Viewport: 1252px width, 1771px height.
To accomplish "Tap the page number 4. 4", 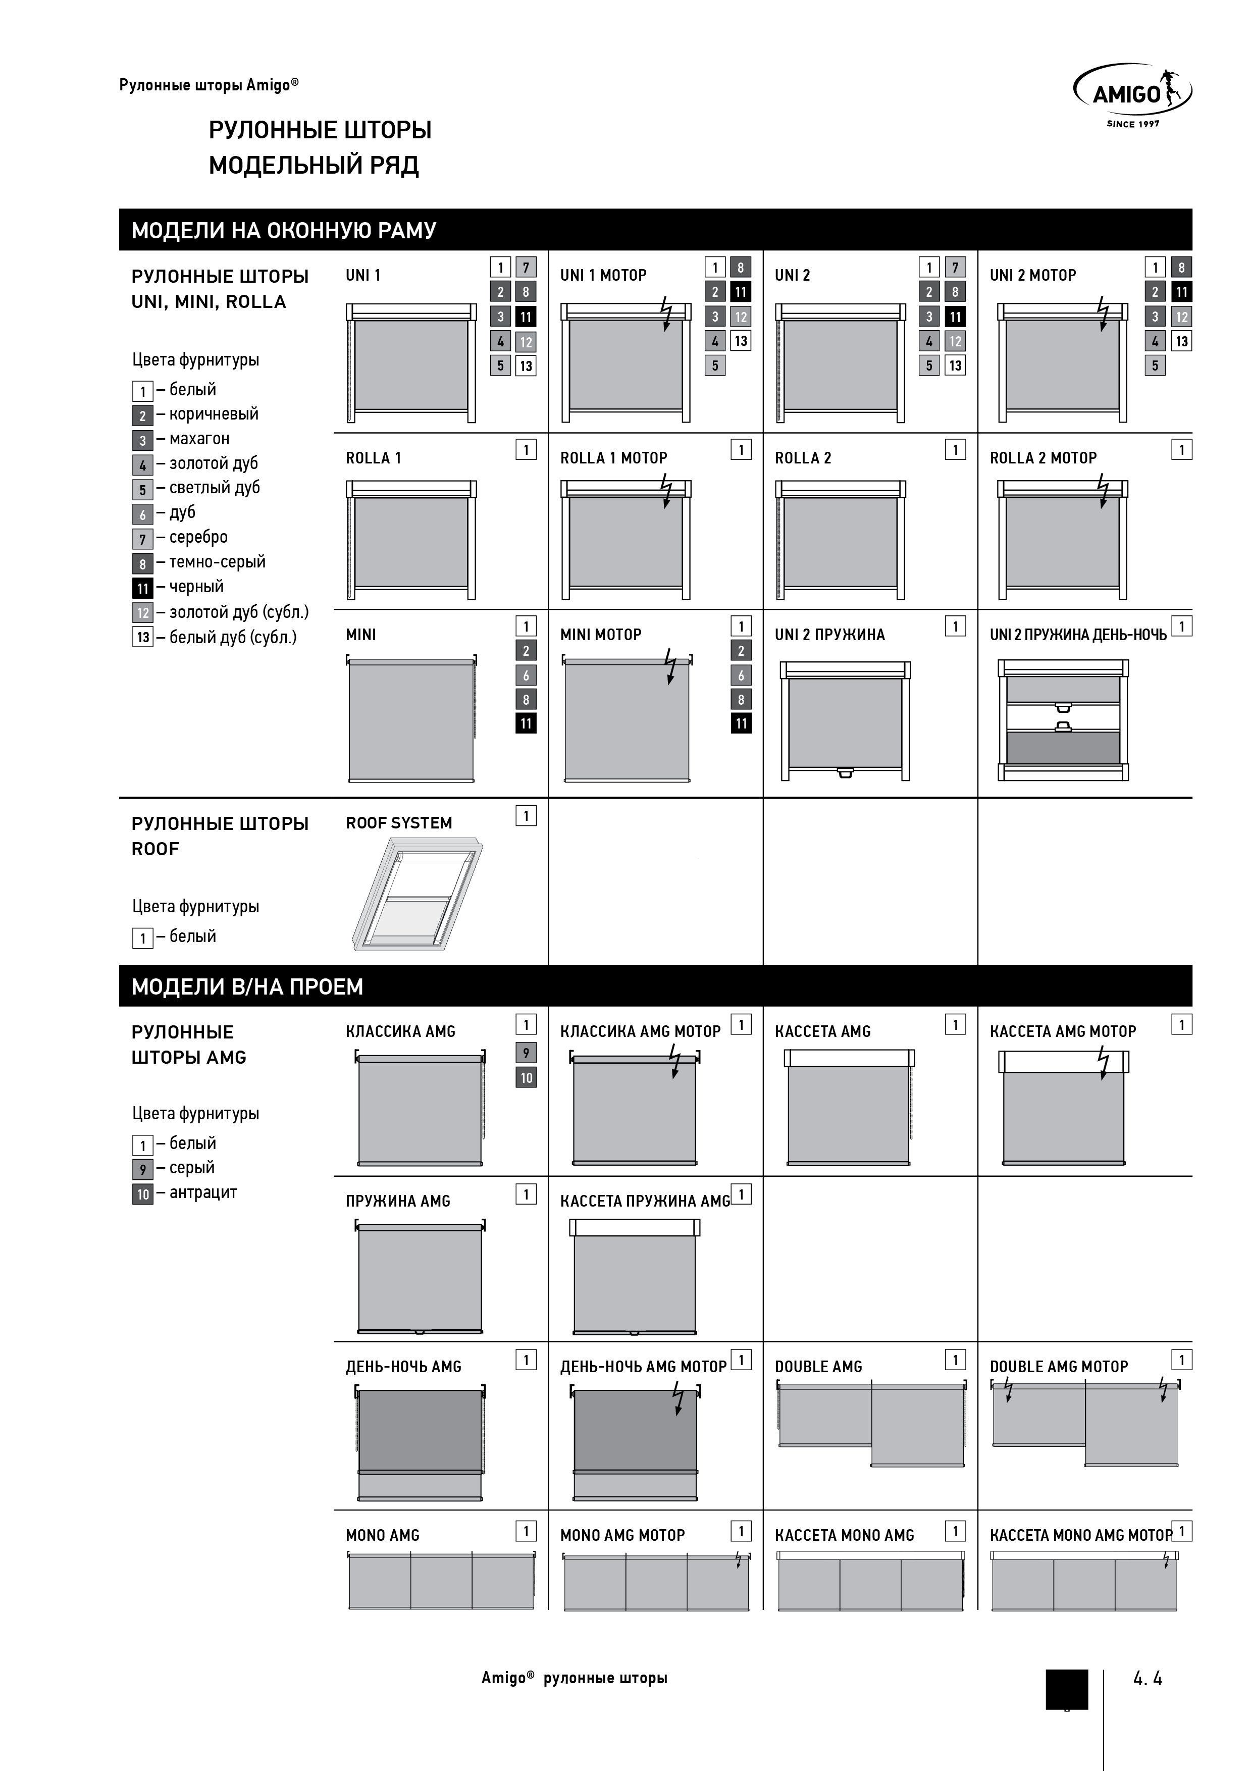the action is (x=1147, y=1678).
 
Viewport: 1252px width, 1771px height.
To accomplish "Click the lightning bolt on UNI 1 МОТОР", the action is (x=666, y=314).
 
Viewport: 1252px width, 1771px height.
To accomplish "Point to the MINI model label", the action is (x=361, y=635).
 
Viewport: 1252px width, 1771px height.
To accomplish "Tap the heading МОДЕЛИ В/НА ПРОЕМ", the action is (x=247, y=986).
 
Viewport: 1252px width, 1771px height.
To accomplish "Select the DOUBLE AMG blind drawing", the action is (x=872, y=1425).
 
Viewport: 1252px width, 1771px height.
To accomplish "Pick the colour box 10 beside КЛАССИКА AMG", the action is (x=526, y=1077).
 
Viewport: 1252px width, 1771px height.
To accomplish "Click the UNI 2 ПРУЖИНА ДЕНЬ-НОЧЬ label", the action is (x=1078, y=635).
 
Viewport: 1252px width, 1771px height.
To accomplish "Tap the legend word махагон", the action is (x=199, y=438).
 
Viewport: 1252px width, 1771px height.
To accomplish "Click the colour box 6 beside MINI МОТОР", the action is (x=741, y=675).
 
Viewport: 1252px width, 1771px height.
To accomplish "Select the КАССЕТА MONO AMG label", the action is (x=844, y=1535).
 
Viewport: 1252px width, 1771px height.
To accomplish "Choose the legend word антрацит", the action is (x=203, y=1192).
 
